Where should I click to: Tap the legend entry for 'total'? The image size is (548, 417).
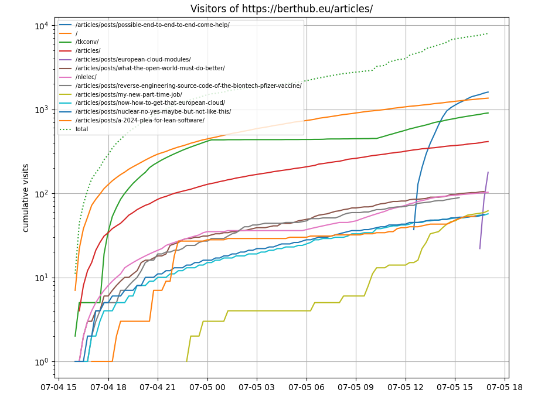(x=81, y=129)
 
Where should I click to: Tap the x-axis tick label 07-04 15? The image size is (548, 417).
(x=59, y=388)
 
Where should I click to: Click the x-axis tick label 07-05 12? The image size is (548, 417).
(x=406, y=388)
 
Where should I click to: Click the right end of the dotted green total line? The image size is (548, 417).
(x=488, y=33)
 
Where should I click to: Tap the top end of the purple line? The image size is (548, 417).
(x=488, y=172)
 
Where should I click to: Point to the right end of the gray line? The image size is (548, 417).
(x=459, y=197)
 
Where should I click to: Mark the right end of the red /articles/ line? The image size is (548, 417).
(x=488, y=141)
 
